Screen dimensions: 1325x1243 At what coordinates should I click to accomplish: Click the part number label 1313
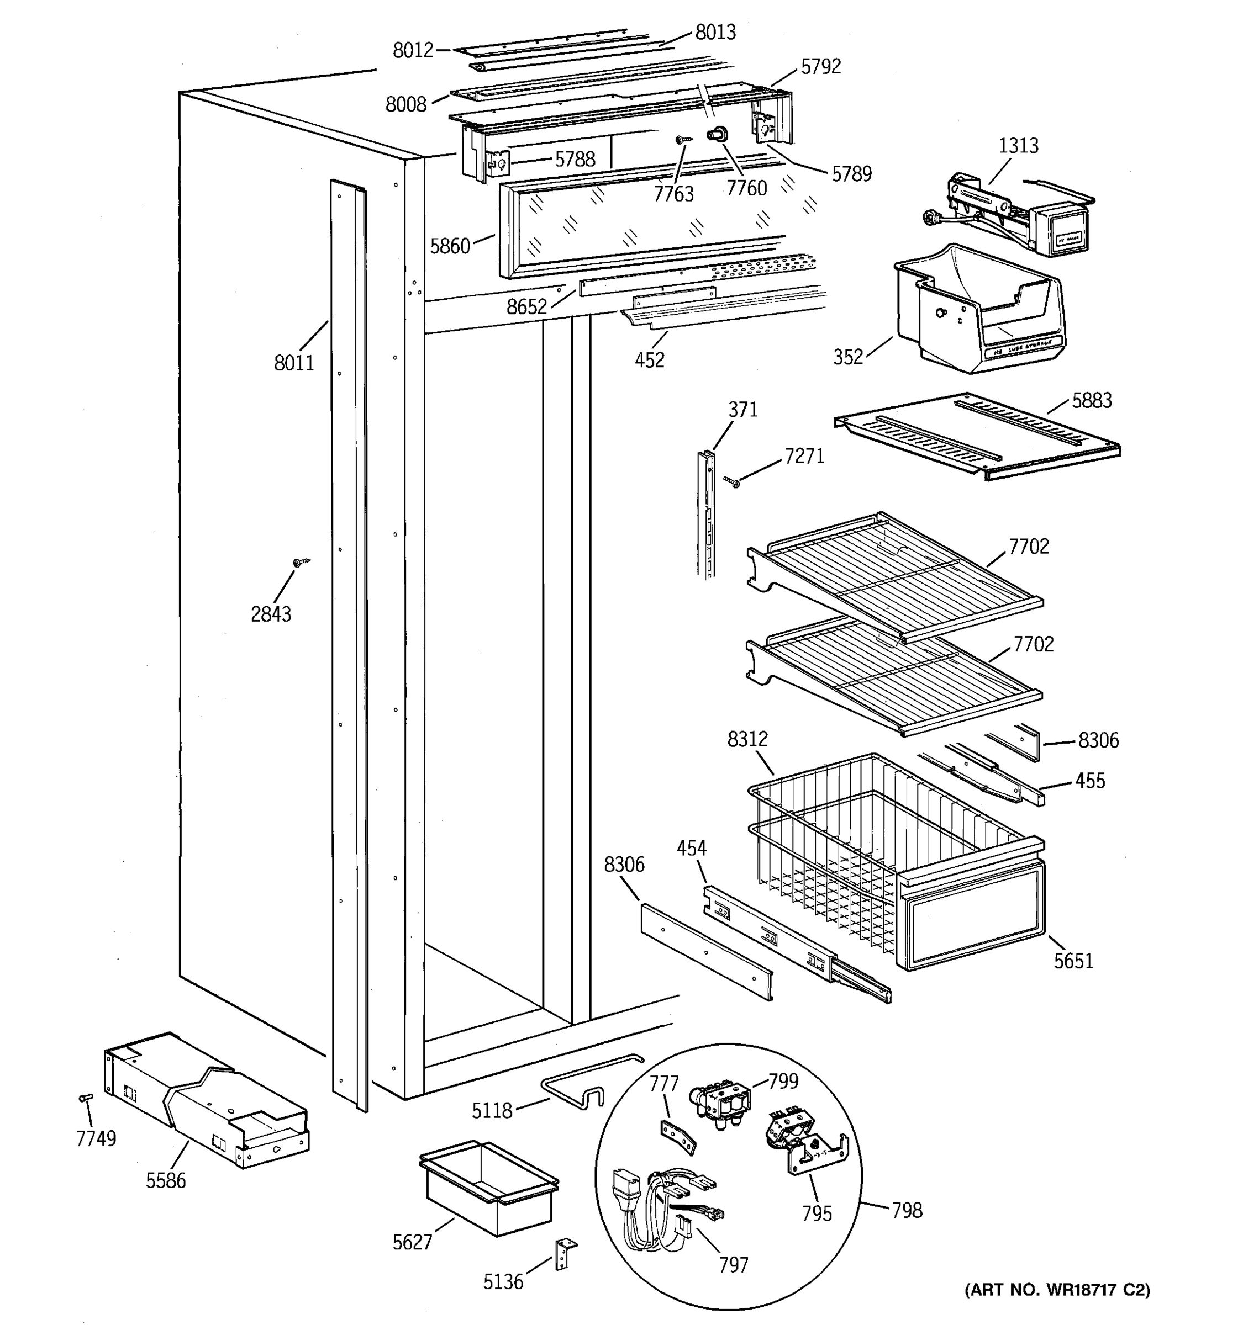pyautogui.click(x=1018, y=145)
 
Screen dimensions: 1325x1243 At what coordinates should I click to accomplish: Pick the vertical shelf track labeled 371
pyautogui.click(x=707, y=513)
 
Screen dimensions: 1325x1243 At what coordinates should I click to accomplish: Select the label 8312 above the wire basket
pyautogui.click(x=747, y=739)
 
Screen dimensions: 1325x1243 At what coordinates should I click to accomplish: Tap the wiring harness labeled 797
pyautogui.click(x=660, y=1200)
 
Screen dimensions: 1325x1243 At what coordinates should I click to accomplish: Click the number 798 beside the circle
pyautogui.click(x=907, y=1210)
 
